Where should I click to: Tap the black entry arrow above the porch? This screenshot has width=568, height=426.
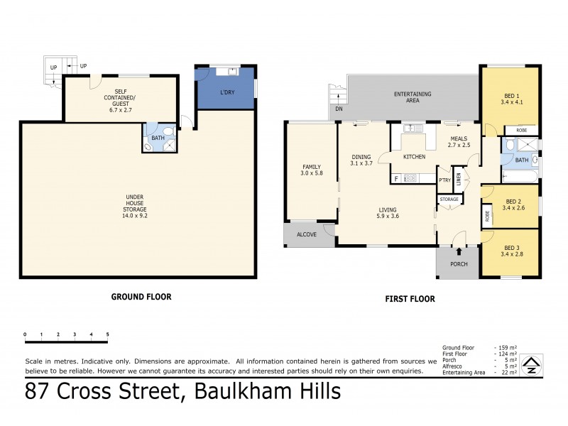coord(459,251)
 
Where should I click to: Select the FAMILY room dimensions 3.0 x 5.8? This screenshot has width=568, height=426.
coord(311,173)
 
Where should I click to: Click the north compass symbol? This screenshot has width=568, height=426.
coord(530,366)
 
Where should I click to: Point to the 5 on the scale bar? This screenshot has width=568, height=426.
coord(108,334)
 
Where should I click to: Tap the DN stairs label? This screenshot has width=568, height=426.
coord(339,109)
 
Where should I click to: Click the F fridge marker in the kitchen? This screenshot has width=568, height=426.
coord(395,178)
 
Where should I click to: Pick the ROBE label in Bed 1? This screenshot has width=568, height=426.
coord(521,131)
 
